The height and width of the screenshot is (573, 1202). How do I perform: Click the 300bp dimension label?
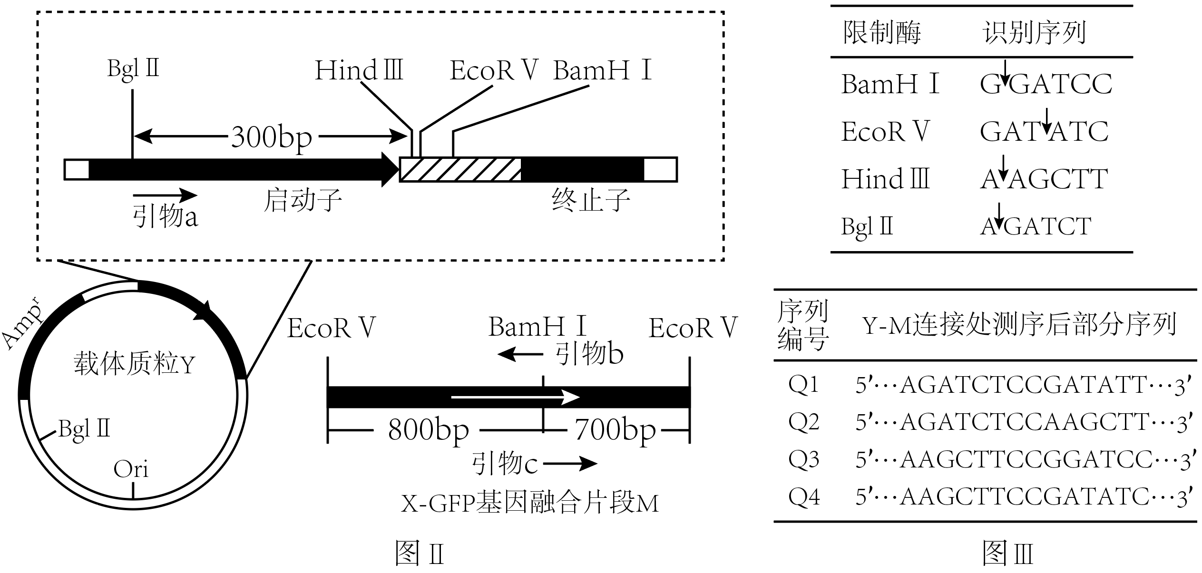click(x=272, y=138)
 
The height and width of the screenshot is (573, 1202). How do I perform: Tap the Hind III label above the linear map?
click(x=359, y=71)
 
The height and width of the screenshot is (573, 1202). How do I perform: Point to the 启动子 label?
click(x=303, y=200)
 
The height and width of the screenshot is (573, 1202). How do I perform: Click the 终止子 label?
click(x=591, y=200)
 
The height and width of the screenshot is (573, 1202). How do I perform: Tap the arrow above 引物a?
click(x=165, y=194)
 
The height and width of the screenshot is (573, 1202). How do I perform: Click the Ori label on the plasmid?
click(x=131, y=469)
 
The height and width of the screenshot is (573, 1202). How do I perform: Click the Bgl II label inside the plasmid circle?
click(x=84, y=429)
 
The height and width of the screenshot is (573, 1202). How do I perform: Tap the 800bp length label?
click(x=428, y=430)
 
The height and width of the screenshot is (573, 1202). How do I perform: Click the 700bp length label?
click(x=615, y=430)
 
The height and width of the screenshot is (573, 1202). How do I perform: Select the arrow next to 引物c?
click(x=570, y=463)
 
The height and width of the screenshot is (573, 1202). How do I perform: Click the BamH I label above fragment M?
click(x=537, y=327)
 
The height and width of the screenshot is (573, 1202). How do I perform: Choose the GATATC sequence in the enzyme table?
click(x=1044, y=132)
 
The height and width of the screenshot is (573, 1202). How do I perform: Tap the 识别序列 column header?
click(x=1034, y=33)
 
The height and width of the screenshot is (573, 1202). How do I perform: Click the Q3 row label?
click(x=804, y=459)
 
